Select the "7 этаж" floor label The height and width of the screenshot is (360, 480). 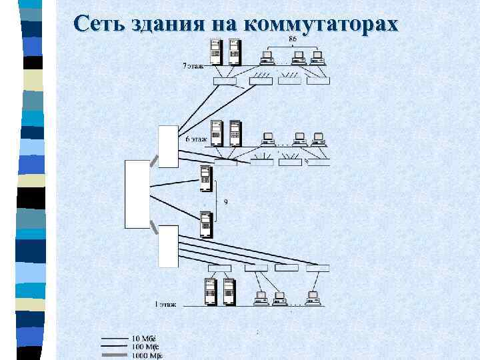tap(194, 66)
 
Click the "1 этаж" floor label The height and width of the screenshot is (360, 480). tap(165, 304)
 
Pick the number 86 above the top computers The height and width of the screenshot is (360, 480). tap(292, 39)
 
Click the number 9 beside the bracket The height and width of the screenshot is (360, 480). tap(225, 202)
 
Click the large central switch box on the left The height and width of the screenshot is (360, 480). tap(137, 194)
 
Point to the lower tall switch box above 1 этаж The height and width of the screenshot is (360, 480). tap(168, 246)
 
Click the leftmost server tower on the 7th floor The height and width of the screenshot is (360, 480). tap(215, 51)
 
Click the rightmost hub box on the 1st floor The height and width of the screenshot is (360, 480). tap(318, 268)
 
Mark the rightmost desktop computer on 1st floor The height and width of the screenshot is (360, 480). tap(312, 297)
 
